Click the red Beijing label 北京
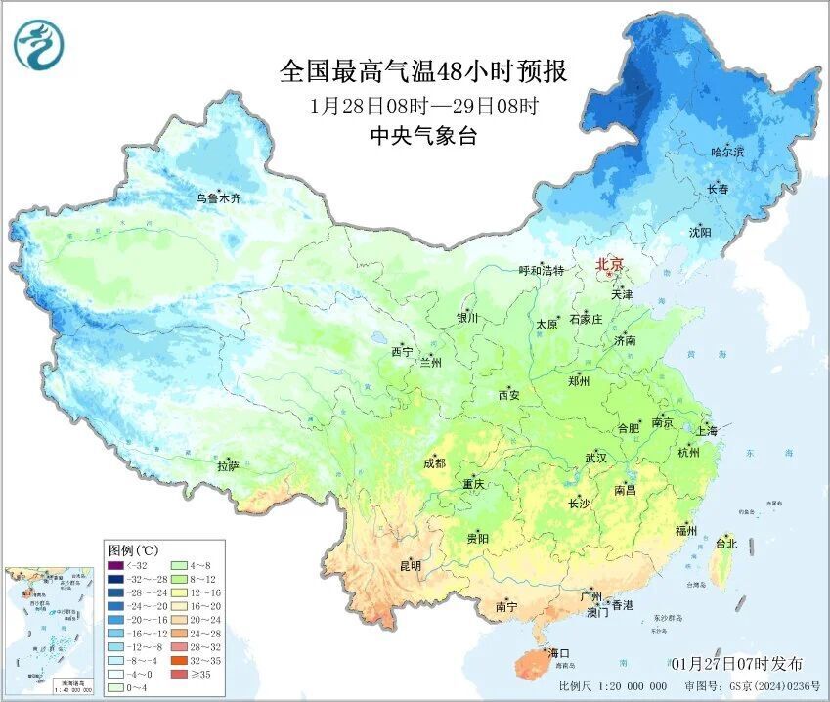(x=609, y=264)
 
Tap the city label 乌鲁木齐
(x=217, y=198)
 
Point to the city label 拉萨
(x=228, y=468)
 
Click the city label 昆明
(x=410, y=565)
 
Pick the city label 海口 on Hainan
(x=558, y=651)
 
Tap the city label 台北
(x=726, y=543)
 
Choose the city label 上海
(x=706, y=431)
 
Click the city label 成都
(x=434, y=463)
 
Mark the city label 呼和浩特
(x=541, y=271)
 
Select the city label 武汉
(x=595, y=458)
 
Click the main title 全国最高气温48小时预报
(x=423, y=72)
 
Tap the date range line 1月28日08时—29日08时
(x=423, y=106)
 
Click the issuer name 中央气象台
(x=423, y=137)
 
